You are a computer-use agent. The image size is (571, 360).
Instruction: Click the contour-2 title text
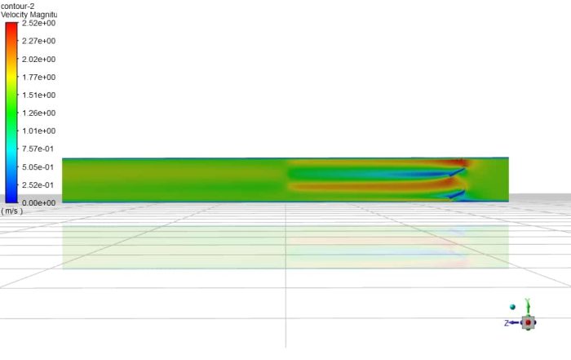point(17,6)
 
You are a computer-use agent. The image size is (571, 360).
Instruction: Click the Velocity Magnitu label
point(29,15)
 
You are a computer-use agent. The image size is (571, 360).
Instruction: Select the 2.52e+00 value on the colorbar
point(38,24)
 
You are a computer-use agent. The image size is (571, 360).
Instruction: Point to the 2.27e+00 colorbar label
point(38,42)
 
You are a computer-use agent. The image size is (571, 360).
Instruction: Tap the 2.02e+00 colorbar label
point(38,60)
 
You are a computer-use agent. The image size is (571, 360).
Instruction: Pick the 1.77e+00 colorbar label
point(38,78)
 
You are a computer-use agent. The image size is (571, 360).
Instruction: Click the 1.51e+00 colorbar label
point(38,96)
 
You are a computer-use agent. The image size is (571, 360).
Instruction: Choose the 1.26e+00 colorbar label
point(38,113)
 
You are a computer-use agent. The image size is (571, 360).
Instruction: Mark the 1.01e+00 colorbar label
point(38,131)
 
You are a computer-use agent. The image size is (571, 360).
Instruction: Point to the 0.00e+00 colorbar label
point(38,202)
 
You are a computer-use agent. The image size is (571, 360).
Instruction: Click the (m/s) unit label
point(11,211)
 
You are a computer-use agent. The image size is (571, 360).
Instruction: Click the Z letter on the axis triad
point(507,323)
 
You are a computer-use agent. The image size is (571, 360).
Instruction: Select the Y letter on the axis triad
point(528,301)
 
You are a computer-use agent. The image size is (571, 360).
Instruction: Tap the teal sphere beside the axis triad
point(512,307)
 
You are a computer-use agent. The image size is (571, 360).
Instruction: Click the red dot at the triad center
point(528,323)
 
